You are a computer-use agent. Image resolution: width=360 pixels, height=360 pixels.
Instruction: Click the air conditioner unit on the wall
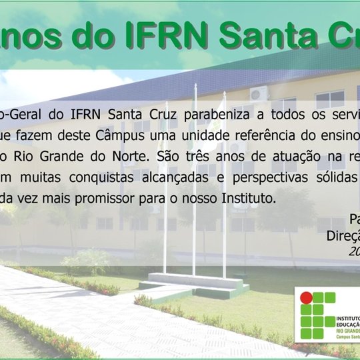[258, 93]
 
